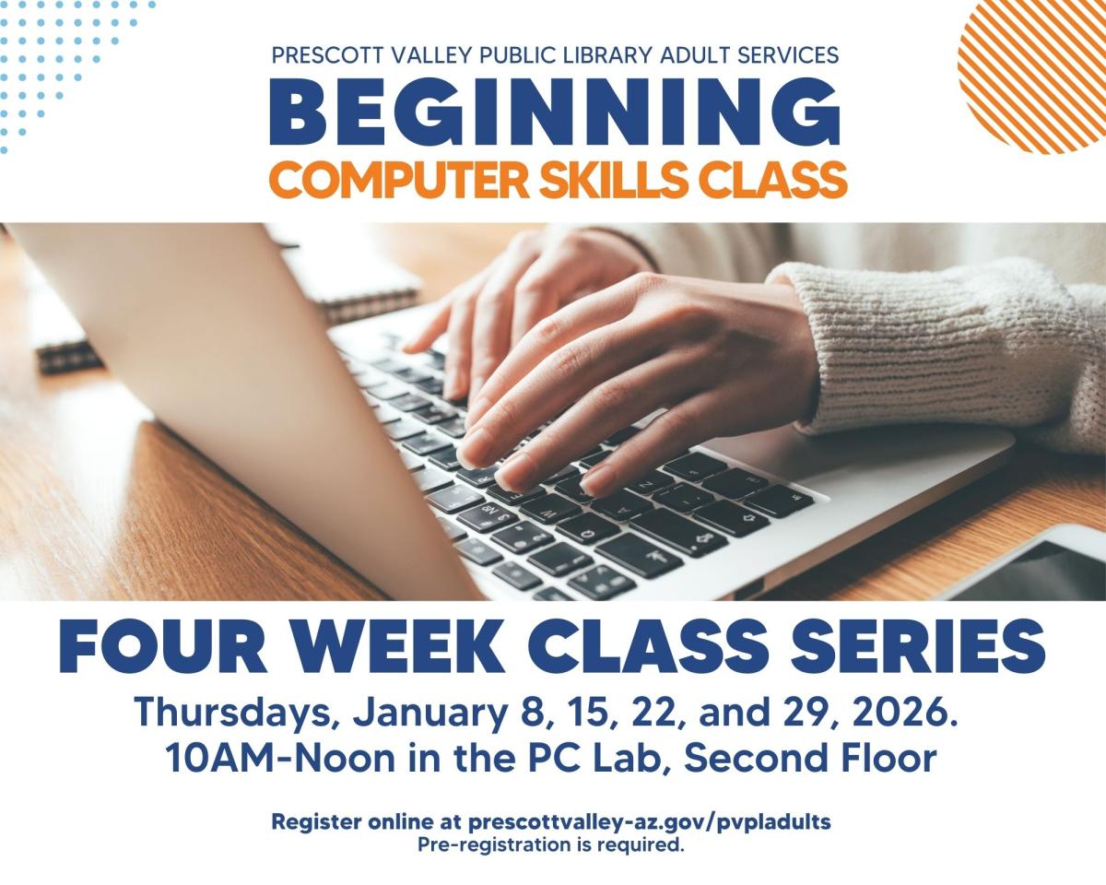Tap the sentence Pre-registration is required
point(551,843)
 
